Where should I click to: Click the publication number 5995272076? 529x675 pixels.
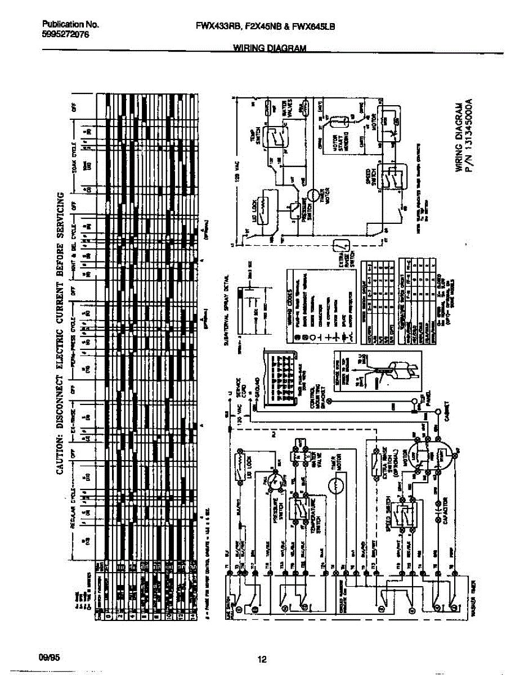pos(65,35)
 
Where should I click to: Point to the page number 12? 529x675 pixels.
pos(261,660)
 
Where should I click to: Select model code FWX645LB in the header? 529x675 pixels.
pos(315,25)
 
